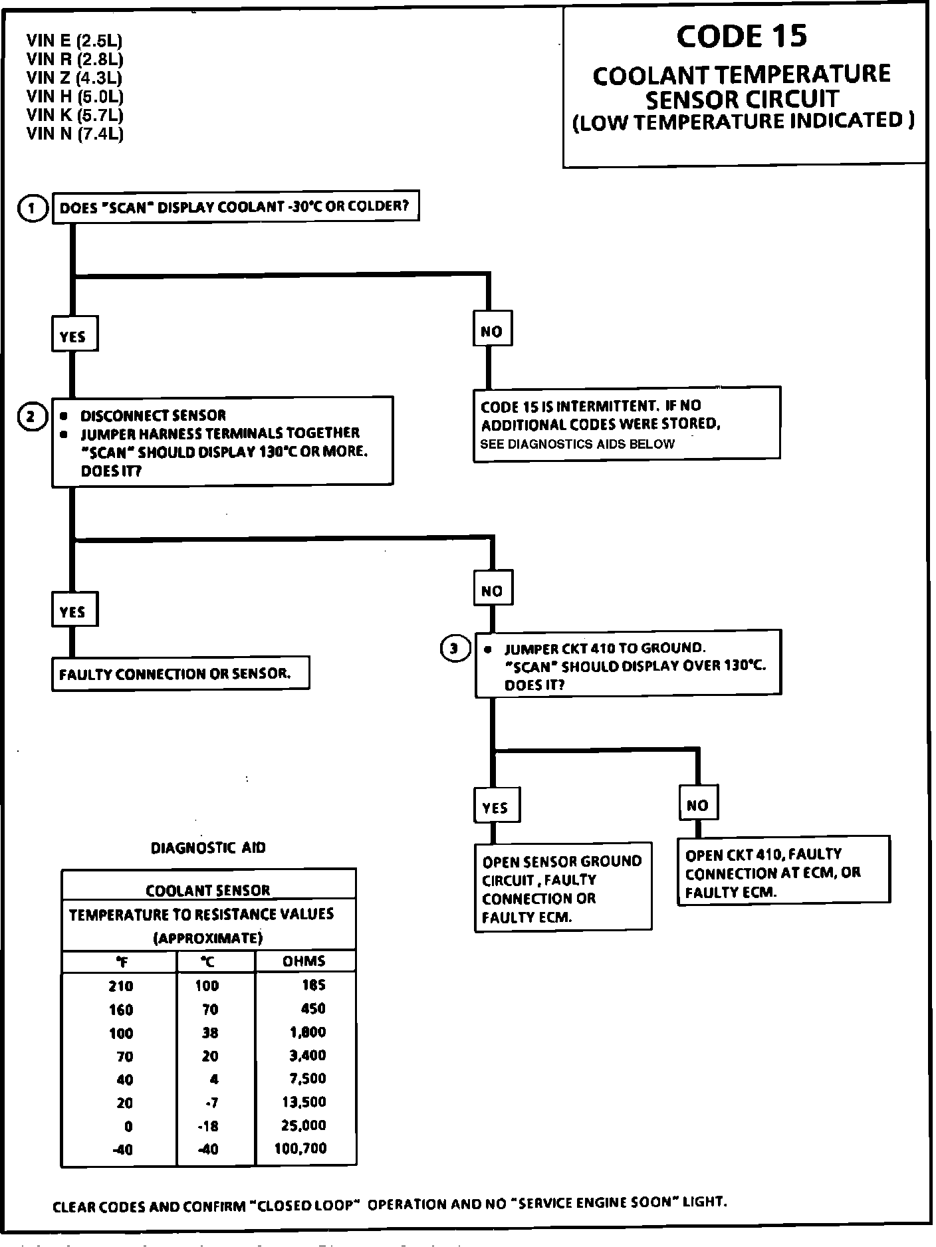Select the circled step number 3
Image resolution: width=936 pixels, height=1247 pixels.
(455, 648)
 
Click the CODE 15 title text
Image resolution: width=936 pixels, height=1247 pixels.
(742, 36)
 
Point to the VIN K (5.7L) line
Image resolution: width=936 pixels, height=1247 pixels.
(75, 115)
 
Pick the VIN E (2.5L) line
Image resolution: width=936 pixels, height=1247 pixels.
(74, 41)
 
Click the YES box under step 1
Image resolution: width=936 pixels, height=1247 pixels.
(74, 335)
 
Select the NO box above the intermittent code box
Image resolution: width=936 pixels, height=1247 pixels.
(492, 330)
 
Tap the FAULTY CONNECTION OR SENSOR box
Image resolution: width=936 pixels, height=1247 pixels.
(180, 674)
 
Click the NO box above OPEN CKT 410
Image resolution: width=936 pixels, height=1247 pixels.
(698, 805)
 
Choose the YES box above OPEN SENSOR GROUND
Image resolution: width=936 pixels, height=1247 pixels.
(496, 806)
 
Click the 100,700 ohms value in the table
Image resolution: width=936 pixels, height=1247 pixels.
(300, 1148)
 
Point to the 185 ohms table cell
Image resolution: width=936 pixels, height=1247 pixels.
(313, 984)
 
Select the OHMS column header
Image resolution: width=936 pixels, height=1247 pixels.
(304, 961)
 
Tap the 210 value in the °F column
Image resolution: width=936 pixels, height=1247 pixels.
(121, 986)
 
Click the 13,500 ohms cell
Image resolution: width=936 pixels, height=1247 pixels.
(304, 1101)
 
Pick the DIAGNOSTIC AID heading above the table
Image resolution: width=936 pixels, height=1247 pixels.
(208, 848)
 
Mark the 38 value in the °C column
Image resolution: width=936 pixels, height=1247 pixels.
(209, 1032)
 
